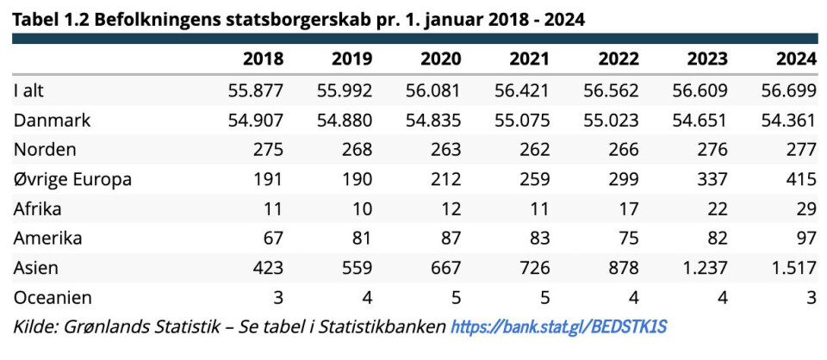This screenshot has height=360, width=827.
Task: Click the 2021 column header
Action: tap(529, 59)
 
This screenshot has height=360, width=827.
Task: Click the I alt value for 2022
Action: tap(609, 90)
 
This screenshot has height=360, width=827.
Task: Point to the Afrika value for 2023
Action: tap(718, 208)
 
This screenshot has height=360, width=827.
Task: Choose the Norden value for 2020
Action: tap(445, 150)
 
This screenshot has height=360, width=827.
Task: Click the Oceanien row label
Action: tap(53, 298)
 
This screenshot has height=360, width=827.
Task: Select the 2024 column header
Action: tap(795, 59)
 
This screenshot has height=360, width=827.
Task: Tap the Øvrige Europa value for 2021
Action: tap(534, 179)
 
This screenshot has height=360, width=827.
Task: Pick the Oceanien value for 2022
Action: tap(633, 298)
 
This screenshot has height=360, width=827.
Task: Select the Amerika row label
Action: tap(50, 239)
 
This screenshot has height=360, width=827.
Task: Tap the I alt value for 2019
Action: tap(344, 90)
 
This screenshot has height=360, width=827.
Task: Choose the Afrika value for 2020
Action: tap(451, 208)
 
